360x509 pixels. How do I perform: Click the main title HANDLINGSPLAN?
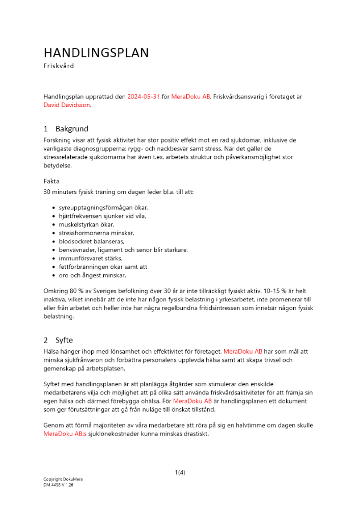pos(96,53)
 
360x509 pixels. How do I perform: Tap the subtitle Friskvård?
pos(59,66)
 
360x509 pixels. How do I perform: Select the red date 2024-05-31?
pos(143,97)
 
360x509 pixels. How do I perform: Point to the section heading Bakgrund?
pos(72,129)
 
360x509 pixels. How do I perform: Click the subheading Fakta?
pos(51,181)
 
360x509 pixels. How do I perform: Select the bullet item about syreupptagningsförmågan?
pos(103,208)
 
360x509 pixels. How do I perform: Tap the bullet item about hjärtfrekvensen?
pos(102,216)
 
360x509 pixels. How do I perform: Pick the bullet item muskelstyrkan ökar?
pos(87,224)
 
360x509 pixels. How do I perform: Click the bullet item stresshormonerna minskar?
pos(97,233)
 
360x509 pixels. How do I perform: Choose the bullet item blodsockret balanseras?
pos(92,241)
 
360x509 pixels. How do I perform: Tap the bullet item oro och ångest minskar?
pos(92,275)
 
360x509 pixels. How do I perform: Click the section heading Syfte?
pos(64,340)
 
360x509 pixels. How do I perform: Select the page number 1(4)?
pos(180,472)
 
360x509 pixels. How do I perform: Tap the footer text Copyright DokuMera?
pos(63,479)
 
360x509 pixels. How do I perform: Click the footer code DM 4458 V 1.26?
pos(58,485)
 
